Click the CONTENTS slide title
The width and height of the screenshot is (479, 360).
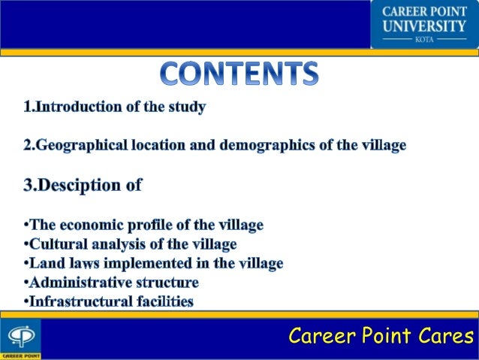pos(239,73)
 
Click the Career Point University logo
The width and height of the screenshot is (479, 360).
pos(424,24)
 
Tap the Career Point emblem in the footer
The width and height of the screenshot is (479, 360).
pos(20,337)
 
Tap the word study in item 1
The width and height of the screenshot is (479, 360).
pos(187,107)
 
